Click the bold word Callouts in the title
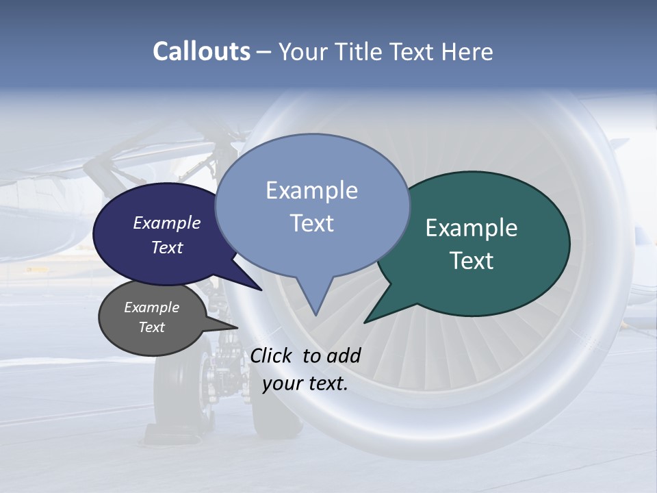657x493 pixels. click(201, 51)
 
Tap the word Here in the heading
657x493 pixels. click(467, 51)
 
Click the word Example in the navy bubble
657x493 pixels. click(167, 223)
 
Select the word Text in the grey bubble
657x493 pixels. click(151, 327)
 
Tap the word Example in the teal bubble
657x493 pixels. click(472, 228)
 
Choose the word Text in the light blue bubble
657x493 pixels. click(312, 223)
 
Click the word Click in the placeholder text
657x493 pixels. click(273, 355)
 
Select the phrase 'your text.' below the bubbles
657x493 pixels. click(305, 383)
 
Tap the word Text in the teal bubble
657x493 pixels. click(472, 261)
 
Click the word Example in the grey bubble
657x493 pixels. click(151, 307)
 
